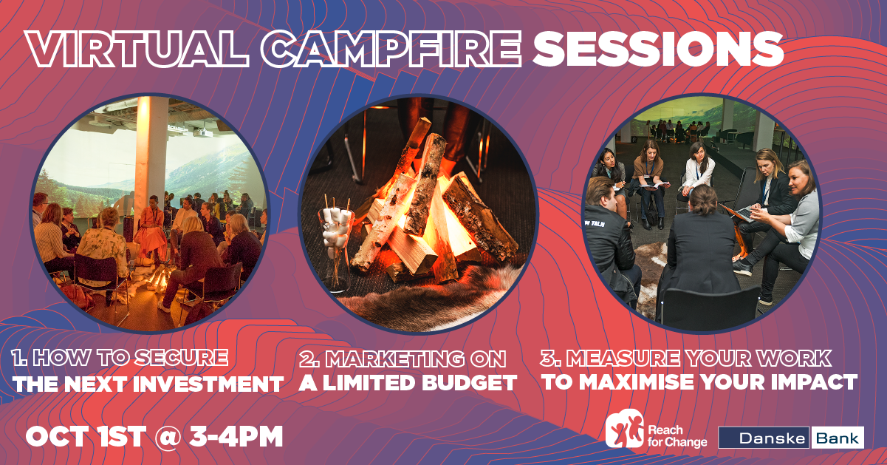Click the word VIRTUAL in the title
[x=137, y=48]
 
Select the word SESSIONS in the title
[x=658, y=48]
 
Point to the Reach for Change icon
[x=625, y=429]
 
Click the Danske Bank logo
[x=791, y=438]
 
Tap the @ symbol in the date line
[x=168, y=437]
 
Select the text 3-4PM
[x=236, y=436]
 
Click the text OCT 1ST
[x=86, y=436]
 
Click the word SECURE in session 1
[x=181, y=358]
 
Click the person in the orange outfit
[x=151, y=229]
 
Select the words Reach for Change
[x=677, y=436]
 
